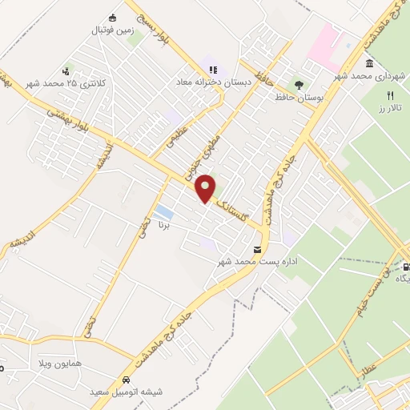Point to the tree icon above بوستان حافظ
click(x=299, y=83)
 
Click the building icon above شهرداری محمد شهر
click(x=369, y=64)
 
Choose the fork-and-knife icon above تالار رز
click(x=390, y=93)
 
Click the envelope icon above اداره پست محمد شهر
click(x=256, y=249)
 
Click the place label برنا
click(x=163, y=227)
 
